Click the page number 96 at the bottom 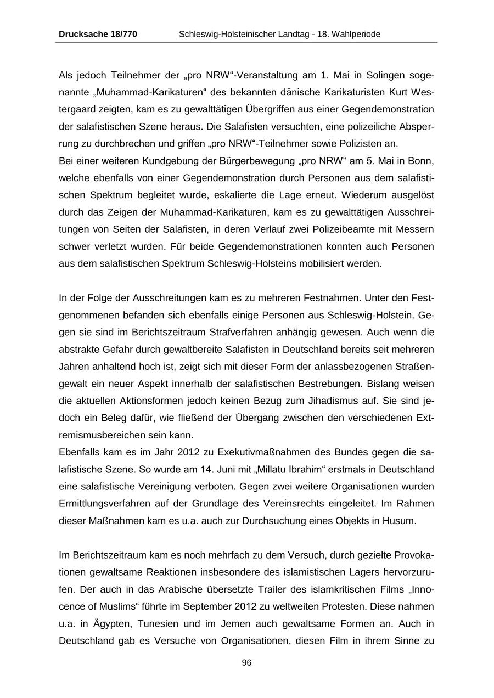[246, 663]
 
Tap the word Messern [417, 229]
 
